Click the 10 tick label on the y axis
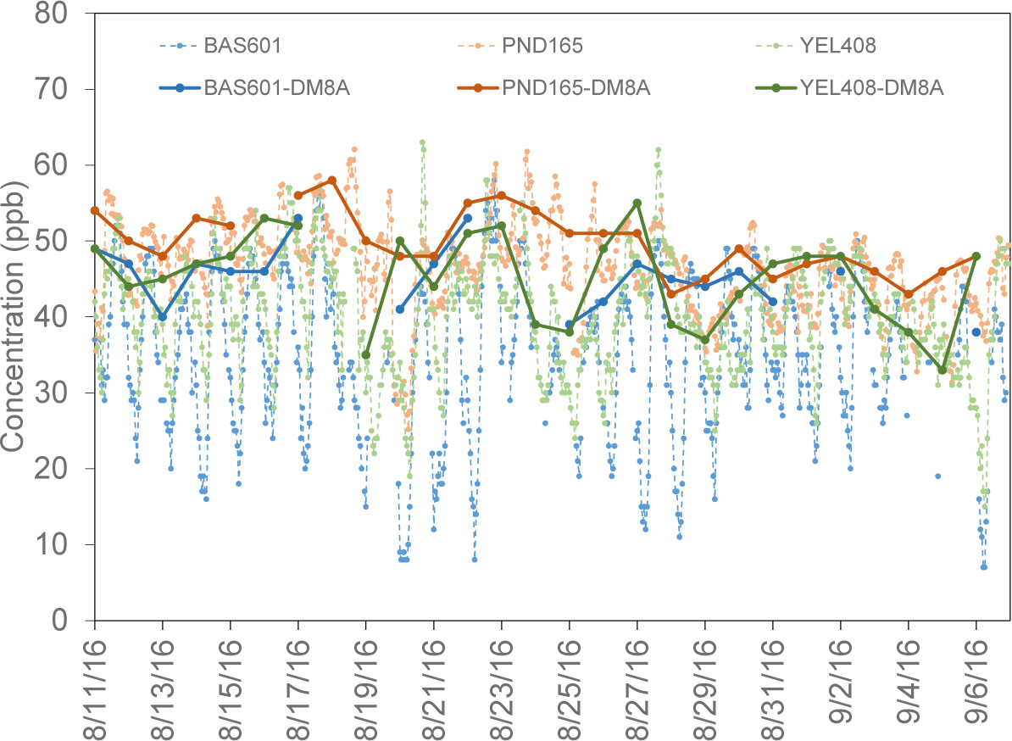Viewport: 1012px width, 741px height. pyautogui.click(x=64, y=544)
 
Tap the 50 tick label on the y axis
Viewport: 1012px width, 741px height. pyautogui.click(x=64, y=242)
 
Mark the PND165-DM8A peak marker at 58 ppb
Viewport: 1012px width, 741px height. pyautogui.click(x=332, y=181)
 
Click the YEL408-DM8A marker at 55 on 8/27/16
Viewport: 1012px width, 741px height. pyautogui.click(x=637, y=203)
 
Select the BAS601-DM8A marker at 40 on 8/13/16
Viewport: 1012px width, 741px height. pyautogui.click(x=163, y=317)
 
